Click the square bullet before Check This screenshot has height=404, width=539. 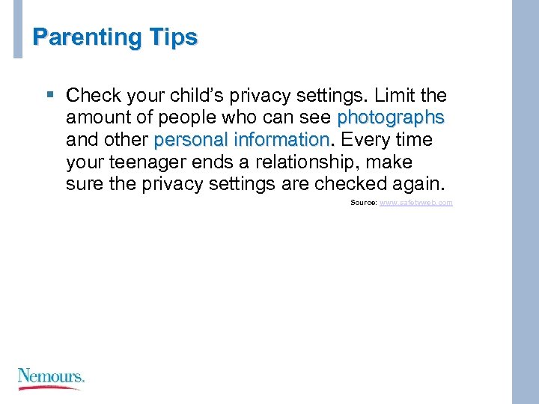50,95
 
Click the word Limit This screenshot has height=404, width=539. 394,96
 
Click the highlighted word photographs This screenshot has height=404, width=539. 391,118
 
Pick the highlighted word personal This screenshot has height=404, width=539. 191,140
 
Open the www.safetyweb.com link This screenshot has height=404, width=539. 415,203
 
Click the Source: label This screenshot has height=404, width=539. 363,203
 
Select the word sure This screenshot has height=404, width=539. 85,184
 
